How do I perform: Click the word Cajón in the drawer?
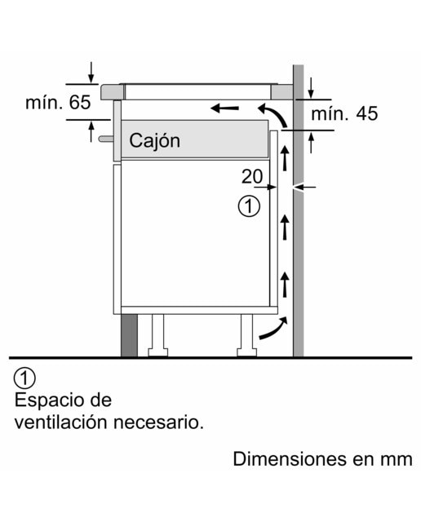pos(154,141)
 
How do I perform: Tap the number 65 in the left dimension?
pos(80,102)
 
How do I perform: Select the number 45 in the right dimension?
pos(367,113)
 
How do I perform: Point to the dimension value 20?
pos(252,176)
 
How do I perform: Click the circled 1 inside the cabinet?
pos(249,206)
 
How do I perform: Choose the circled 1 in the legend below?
pos(24,378)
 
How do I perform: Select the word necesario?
pos(158,422)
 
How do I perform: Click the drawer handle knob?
pos(105,139)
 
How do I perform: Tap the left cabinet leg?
pos(158,335)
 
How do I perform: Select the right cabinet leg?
pos(246,335)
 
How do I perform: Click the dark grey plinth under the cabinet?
pos(129,335)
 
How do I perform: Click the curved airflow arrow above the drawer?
pos(276,113)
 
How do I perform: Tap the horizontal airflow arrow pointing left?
pos(225,108)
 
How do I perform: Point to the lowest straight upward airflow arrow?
pos(285,284)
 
